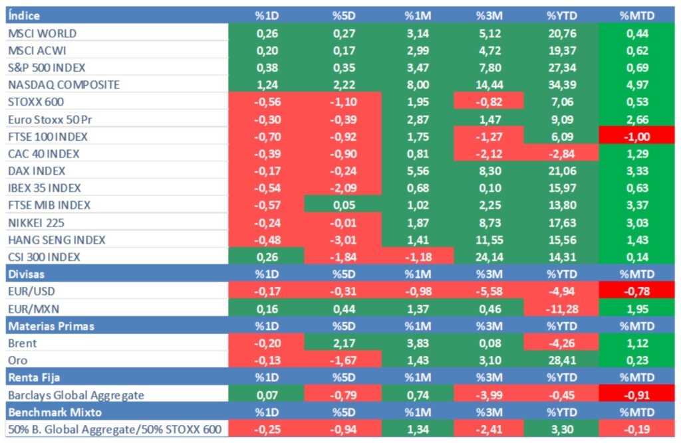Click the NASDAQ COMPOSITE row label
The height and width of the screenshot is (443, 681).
point(63,85)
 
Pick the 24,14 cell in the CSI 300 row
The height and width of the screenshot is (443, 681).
point(489,257)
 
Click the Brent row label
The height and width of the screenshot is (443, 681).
point(22,343)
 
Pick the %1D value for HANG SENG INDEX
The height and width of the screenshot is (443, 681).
point(266,240)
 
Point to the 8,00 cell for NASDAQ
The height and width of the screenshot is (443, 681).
point(418,85)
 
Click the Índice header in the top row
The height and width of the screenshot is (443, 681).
point(24,15)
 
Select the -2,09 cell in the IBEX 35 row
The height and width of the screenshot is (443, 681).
point(342,188)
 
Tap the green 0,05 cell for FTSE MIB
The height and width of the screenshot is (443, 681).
point(342,205)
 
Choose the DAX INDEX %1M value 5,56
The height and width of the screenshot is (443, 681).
point(418,171)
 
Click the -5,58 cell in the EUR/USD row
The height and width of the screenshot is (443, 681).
point(489,292)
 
